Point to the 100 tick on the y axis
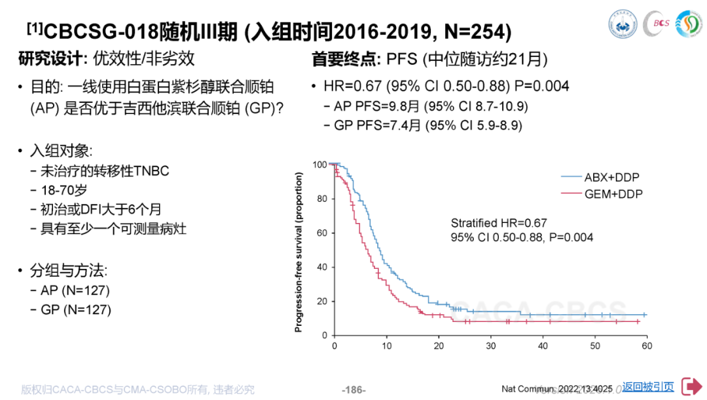320,165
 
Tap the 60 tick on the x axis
646,346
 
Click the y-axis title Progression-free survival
299,252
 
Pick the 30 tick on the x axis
490,346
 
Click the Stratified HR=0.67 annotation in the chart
499,223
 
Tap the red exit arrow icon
691,387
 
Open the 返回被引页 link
648,387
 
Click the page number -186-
353,390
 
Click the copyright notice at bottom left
137,390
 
